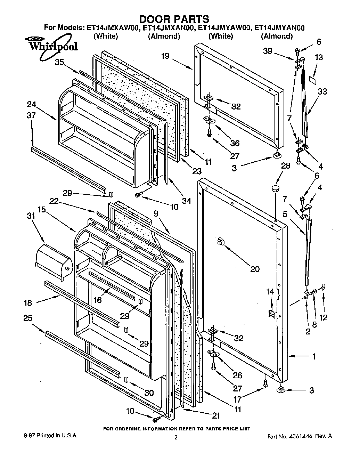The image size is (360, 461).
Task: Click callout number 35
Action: (59, 62)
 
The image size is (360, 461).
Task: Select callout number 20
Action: (255, 269)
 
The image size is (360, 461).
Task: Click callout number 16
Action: (98, 299)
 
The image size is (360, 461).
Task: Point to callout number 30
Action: (149, 393)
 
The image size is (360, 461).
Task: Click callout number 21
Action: (216, 415)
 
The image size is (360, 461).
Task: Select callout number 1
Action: (314, 356)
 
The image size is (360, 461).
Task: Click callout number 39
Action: (267, 51)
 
